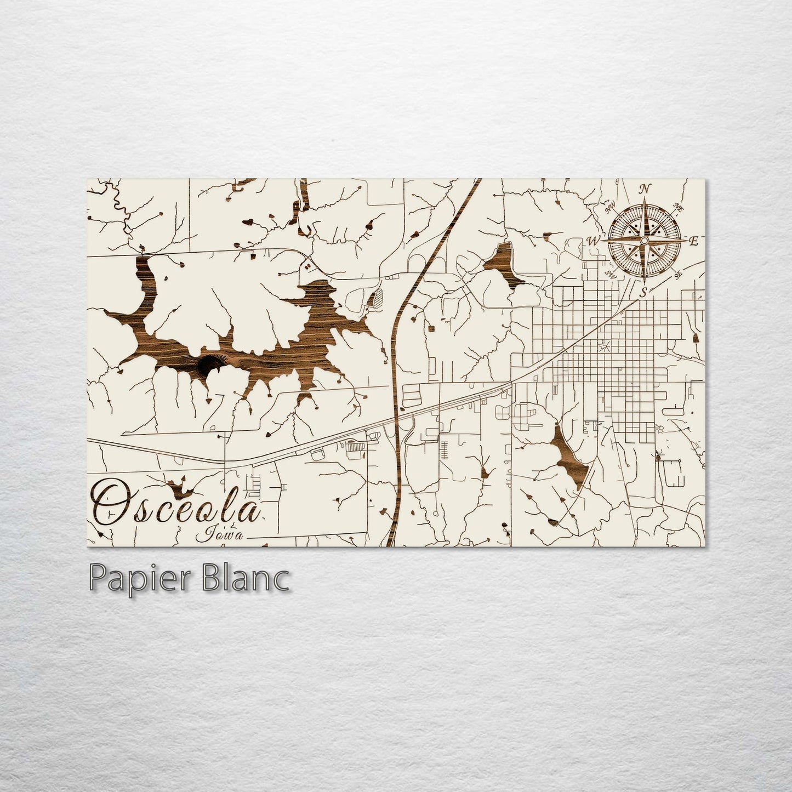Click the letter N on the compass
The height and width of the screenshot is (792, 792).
[x=646, y=189]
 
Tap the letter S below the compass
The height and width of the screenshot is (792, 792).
[x=644, y=291]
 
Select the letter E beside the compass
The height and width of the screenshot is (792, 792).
[x=693, y=241]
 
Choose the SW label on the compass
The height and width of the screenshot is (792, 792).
[x=610, y=274]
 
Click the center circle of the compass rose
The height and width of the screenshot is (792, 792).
[x=645, y=241]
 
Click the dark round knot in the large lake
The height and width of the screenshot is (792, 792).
[x=208, y=364]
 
